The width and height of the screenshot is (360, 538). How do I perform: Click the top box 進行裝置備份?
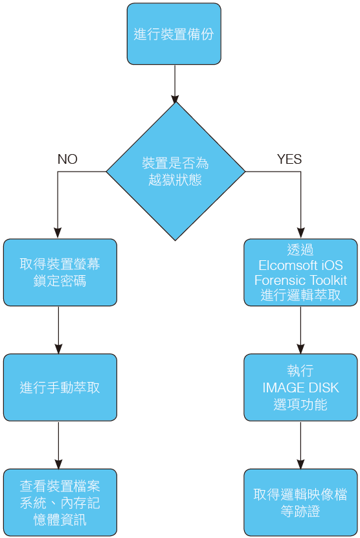point(174,34)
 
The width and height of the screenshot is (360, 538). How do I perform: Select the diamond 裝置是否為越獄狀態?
point(175,171)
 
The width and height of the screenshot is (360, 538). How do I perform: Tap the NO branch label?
point(67,159)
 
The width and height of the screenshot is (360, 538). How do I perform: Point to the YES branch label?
point(289,159)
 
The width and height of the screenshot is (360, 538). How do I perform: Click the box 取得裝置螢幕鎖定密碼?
point(60,273)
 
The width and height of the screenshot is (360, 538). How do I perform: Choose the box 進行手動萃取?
point(60,387)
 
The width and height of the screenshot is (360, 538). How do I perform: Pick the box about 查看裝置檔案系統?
point(60,502)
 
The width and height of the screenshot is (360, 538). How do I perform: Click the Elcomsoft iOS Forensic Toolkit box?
point(300,273)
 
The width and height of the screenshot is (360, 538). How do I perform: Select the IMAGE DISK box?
point(300,387)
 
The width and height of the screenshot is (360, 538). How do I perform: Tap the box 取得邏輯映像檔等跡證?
point(300,502)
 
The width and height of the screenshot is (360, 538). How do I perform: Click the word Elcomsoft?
point(284,265)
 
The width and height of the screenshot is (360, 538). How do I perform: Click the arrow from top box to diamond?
point(175,84)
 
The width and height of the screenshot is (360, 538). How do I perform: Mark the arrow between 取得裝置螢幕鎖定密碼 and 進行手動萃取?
point(58,330)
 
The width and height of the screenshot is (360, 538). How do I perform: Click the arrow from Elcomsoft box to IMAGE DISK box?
point(300,330)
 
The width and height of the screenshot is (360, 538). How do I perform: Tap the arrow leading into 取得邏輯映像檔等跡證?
point(300,445)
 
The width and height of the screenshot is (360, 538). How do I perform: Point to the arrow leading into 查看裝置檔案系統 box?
point(58,445)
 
